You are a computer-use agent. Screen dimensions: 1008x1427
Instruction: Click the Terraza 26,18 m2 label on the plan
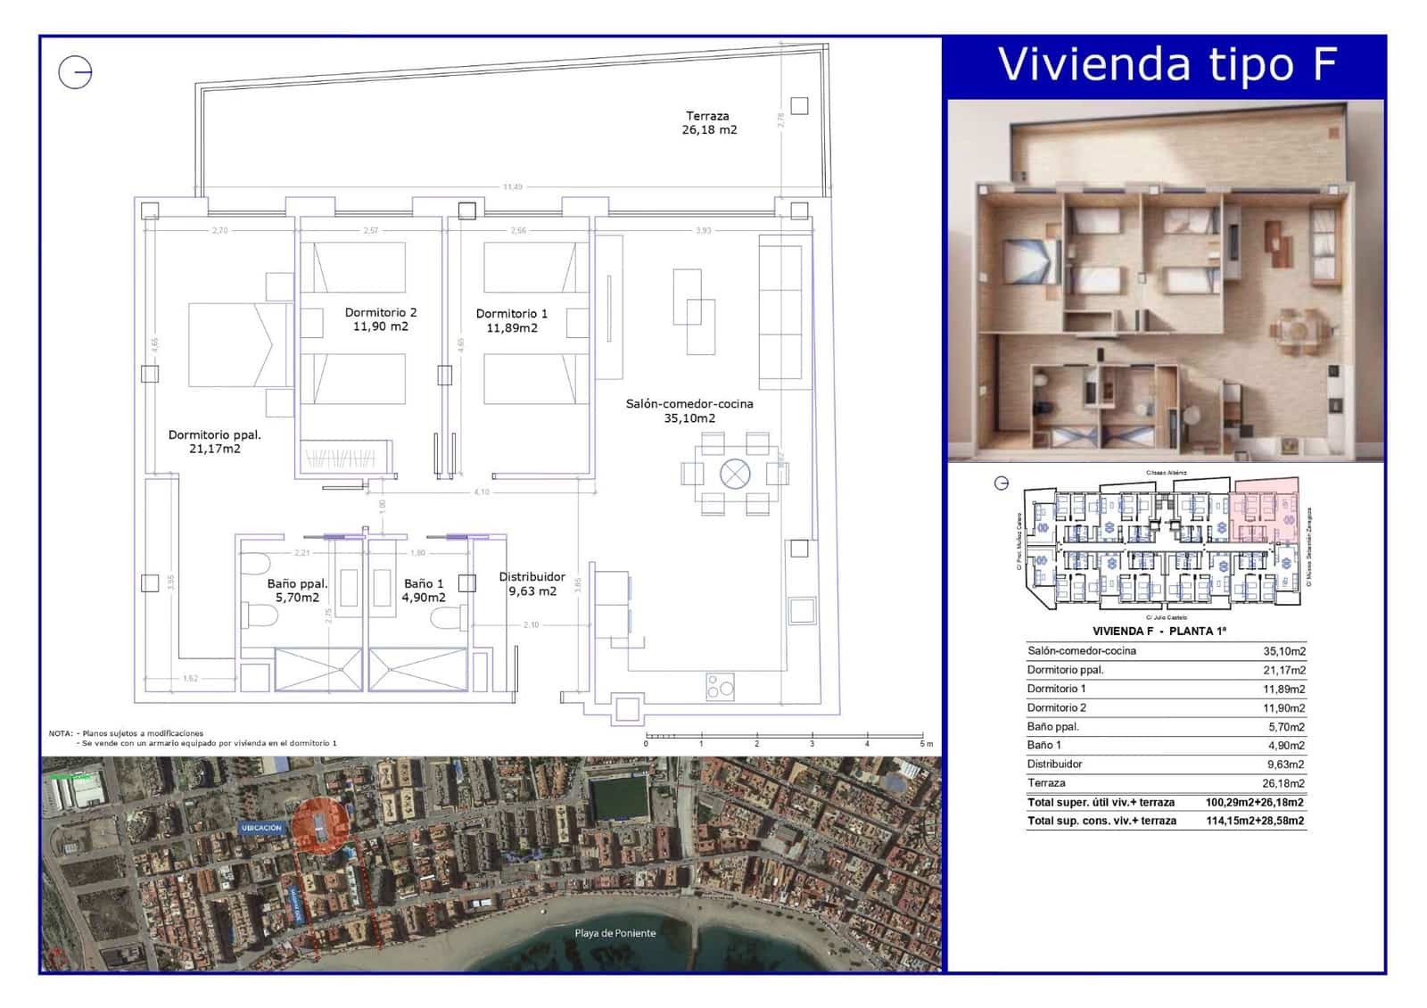tap(710, 123)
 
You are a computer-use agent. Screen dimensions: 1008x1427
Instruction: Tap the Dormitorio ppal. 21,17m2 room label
tap(215, 442)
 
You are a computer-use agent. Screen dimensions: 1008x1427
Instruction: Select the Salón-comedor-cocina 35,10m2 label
tap(689, 410)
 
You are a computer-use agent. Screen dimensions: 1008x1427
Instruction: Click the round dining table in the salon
tap(735, 474)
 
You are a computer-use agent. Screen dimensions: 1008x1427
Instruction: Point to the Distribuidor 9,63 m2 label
tap(532, 583)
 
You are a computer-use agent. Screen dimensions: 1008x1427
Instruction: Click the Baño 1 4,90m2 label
tap(423, 591)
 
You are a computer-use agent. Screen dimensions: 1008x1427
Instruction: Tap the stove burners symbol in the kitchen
tap(720, 686)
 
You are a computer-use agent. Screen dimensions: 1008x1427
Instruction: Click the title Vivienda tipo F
tap(1167, 65)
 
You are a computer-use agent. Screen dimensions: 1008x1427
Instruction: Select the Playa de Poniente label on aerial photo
tap(615, 933)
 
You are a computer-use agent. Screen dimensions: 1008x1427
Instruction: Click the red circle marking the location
tap(318, 826)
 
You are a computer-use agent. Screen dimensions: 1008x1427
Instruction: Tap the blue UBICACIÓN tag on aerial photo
tap(261, 828)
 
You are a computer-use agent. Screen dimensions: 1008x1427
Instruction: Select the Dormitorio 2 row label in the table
tap(1056, 707)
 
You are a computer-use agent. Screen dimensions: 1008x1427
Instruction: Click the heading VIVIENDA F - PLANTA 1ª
tap(1159, 631)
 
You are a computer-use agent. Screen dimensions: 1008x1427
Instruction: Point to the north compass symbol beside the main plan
tap(76, 71)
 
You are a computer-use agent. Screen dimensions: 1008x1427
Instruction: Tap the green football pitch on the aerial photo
tap(619, 797)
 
